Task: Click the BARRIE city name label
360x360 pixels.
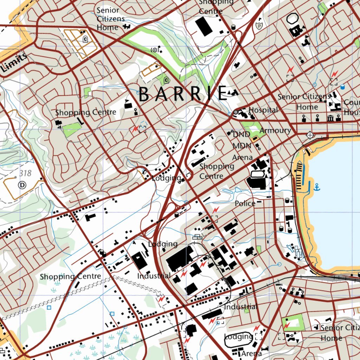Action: pyautogui.click(x=183, y=94)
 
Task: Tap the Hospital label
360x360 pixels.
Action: pyautogui.click(x=263, y=110)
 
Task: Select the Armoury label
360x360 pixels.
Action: pyautogui.click(x=275, y=130)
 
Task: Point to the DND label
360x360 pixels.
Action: pyautogui.click(x=241, y=134)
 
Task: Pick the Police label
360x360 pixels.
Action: pyautogui.click(x=245, y=203)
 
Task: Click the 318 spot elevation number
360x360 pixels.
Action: pyautogui.click(x=26, y=173)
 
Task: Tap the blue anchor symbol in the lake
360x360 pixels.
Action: pyautogui.click(x=317, y=187)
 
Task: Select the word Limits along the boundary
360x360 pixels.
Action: pyautogui.click(x=14, y=63)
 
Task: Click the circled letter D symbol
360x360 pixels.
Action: pyautogui.click(x=22, y=185)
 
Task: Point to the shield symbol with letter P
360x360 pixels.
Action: pyautogui.click(x=259, y=26)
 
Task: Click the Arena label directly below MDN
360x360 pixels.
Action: pyautogui.click(x=242, y=157)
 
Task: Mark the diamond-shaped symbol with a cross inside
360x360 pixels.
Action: pyautogui.click(x=309, y=135)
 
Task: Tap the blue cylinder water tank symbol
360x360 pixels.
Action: pyautogui.click(x=342, y=87)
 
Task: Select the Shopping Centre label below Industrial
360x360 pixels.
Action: pyautogui.click(x=70, y=276)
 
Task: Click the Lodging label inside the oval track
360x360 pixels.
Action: pyautogui.click(x=238, y=336)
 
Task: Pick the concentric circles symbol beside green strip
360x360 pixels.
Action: pyautogui.click(x=154, y=50)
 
